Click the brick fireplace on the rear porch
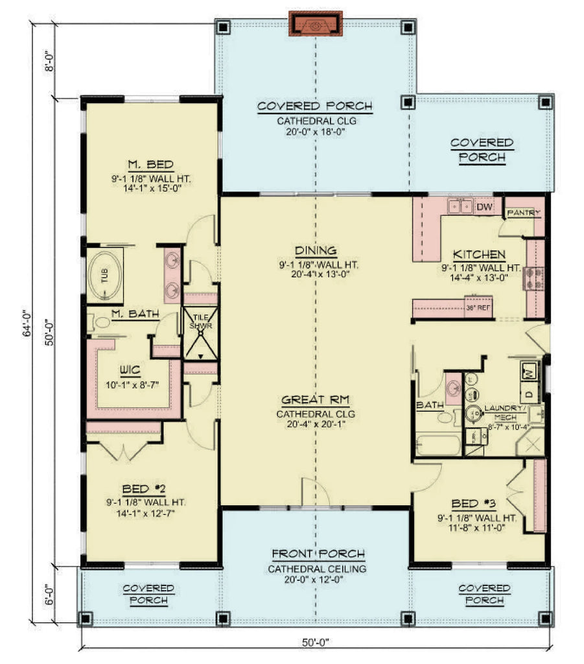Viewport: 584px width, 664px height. (315, 25)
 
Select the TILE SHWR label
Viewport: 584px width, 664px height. (198, 321)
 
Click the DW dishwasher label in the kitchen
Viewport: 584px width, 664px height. (484, 207)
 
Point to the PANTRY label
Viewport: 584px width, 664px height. (524, 213)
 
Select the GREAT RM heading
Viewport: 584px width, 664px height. (315, 400)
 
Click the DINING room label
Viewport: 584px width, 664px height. (314, 251)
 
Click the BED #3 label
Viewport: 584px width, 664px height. (480, 504)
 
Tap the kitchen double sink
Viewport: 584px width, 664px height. (461, 207)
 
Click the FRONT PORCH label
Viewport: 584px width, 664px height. (318, 554)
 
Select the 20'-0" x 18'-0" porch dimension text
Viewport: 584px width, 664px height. (314, 130)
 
